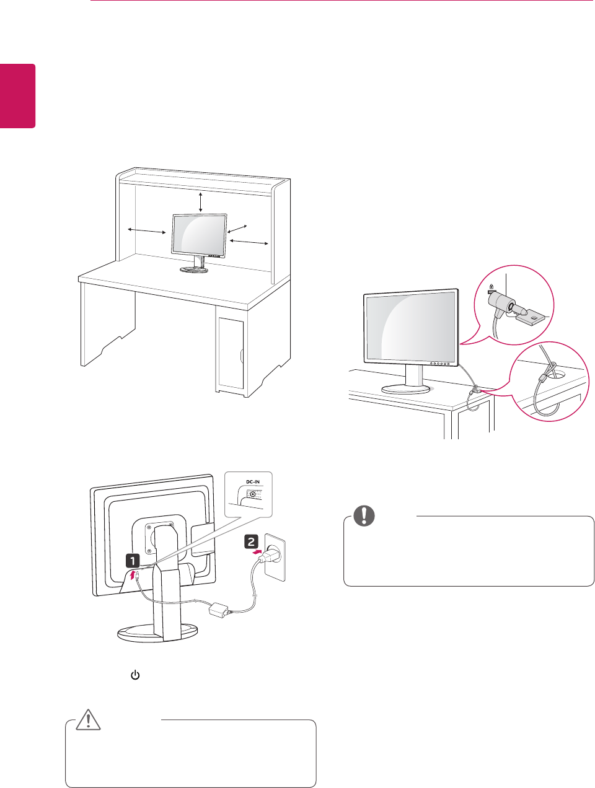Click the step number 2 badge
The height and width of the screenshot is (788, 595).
(x=253, y=541)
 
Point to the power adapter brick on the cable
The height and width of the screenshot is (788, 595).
(x=218, y=610)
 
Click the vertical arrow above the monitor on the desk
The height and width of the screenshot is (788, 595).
(x=200, y=202)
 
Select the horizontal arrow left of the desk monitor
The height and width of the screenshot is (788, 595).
(x=146, y=231)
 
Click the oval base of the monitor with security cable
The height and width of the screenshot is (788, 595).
(x=407, y=388)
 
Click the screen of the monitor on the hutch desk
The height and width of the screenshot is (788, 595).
(x=199, y=235)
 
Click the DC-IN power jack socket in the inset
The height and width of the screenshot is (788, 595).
(x=252, y=494)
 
